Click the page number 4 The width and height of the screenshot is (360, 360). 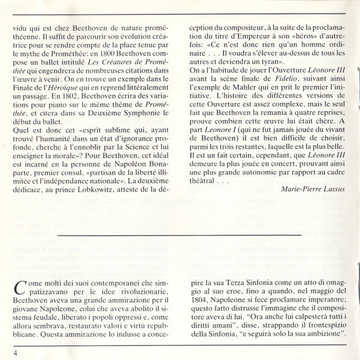click(19, 352)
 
